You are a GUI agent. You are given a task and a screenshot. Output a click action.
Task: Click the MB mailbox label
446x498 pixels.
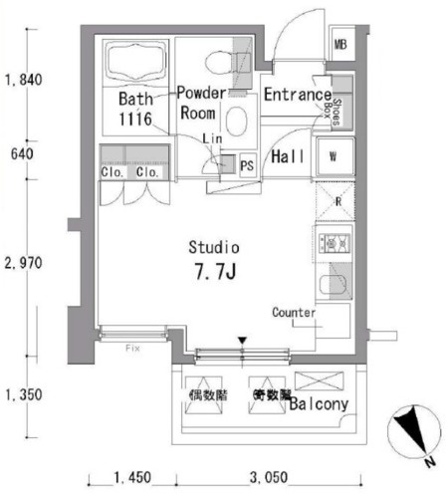click(x=340, y=46)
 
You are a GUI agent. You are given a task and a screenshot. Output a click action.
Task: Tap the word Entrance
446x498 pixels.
click(x=297, y=96)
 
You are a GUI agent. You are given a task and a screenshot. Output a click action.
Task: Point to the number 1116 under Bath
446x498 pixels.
click(x=134, y=119)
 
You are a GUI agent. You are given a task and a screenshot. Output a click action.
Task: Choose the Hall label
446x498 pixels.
click(x=288, y=156)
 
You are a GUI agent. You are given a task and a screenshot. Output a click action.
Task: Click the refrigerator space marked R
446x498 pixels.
click(x=338, y=202)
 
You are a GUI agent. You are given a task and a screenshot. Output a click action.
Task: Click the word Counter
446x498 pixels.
click(x=294, y=313)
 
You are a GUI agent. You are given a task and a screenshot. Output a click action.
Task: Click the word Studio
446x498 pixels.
click(x=215, y=247)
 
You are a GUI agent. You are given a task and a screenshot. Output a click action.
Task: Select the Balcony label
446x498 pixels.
click(x=319, y=404)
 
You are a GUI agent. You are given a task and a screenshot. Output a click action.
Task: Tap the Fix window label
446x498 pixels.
click(x=131, y=349)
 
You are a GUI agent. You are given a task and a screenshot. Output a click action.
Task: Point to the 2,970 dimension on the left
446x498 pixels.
click(x=22, y=263)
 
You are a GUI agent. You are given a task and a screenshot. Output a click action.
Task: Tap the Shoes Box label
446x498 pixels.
click(x=338, y=106)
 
